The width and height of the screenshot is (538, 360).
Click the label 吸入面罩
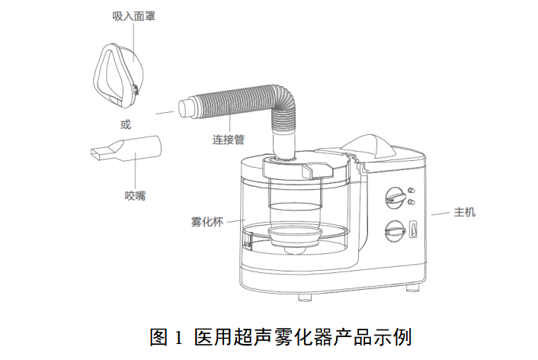click(134, 16)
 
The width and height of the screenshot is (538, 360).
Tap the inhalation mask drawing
click(117, 76)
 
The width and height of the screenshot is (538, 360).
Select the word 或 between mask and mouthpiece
click(126, 124)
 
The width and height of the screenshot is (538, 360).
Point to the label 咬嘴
click(135, 196)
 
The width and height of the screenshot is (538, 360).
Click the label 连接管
click(228, 140)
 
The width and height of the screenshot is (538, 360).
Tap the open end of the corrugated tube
click(185, 108)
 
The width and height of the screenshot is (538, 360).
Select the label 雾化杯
click(207, 221)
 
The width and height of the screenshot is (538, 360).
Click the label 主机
click(465, 212)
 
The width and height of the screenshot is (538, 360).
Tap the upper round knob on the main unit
click(395, 198)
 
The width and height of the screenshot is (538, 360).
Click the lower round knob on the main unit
click(395, 230)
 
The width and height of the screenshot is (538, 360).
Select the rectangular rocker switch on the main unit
click(413, 230)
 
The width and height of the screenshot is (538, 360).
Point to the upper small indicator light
click(412, 191)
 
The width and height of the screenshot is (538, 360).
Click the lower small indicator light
click(412, 202)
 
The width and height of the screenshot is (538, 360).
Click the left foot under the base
click(304, 297)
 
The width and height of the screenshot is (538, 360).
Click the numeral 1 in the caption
click(178, 337)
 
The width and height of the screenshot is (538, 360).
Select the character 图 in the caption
click(159, 337)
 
